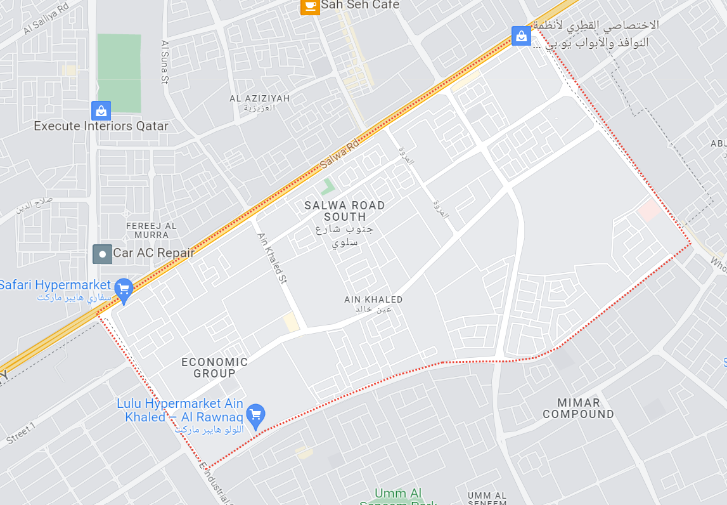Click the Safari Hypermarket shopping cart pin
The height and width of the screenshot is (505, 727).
pos(124,289)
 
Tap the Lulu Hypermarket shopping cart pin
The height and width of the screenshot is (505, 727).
pos(255,415)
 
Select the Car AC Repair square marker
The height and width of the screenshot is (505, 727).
pos(102,254)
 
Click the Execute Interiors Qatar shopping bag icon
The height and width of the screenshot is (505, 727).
pos(101,111)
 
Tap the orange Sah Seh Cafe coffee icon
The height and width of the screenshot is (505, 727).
pos(309,6)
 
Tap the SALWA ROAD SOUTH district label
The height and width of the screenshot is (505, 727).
pos(344,211)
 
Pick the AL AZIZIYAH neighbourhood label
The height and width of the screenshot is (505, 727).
pos(259,99)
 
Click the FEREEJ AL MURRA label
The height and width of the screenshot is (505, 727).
pos(151,230)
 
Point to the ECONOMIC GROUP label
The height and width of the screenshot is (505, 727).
pos(214,367)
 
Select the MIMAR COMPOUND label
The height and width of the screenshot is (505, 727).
pos(578,408)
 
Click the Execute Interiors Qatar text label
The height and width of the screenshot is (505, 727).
pos(101,126)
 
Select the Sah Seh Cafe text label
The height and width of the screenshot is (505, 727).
pos(360,5)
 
